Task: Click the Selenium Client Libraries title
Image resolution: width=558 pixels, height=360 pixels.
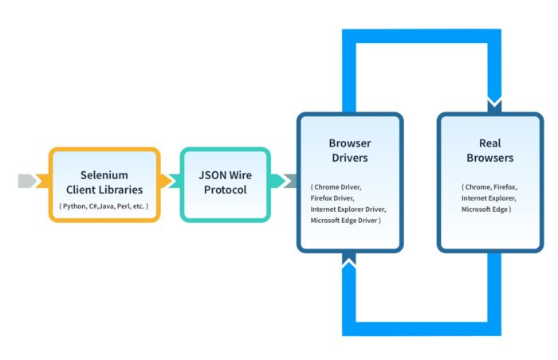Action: coord(104,182)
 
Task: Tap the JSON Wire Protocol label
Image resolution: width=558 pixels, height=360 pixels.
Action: coord(225,182)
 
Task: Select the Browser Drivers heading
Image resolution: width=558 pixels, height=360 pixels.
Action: coord(349,151)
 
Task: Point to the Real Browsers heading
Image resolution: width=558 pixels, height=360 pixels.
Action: coord(489,151)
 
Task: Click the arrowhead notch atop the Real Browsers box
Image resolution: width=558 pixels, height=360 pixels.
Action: coord(494,104)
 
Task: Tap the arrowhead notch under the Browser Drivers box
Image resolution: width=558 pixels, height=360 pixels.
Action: coord(349,261)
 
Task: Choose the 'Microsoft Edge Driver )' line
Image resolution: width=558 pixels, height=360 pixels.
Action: coord(346,220)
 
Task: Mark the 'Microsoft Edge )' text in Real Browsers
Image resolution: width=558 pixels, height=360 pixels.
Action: coord(486,209)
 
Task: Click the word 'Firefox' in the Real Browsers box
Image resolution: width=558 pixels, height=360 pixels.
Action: coord(505,186)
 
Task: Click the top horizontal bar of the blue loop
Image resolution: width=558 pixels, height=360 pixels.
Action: coord(422,36)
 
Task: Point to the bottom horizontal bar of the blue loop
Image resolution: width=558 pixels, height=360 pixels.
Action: coord(422,328)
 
